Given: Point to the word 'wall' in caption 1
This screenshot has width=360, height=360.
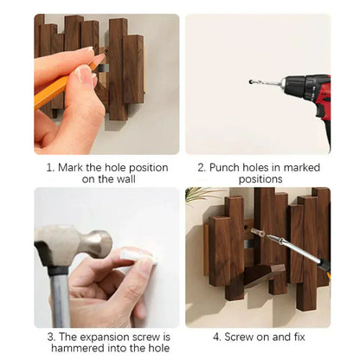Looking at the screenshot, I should point(123,179).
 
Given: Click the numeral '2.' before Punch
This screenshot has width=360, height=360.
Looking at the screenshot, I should point(202,167).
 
